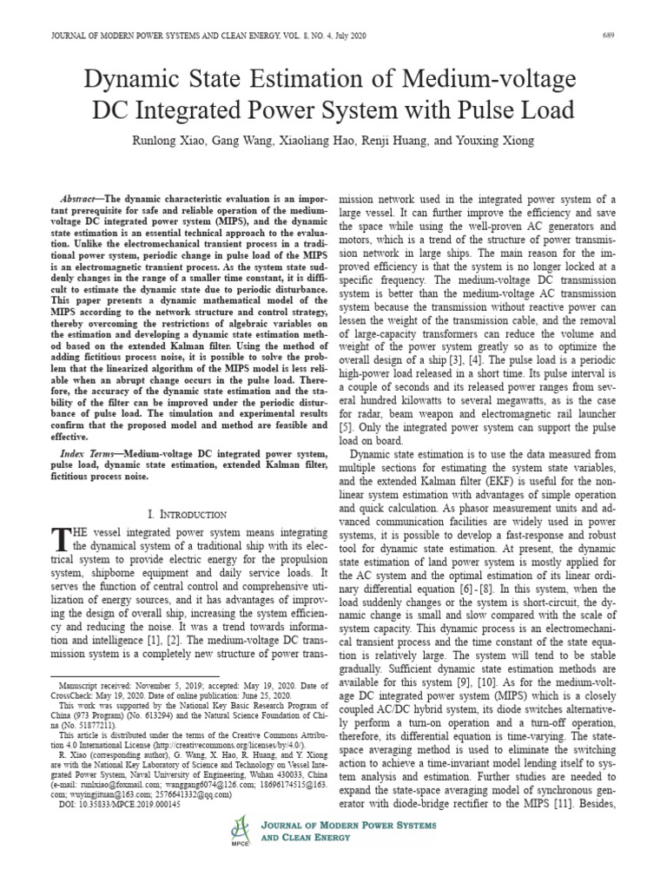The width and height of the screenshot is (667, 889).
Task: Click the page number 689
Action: (609, 36)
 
